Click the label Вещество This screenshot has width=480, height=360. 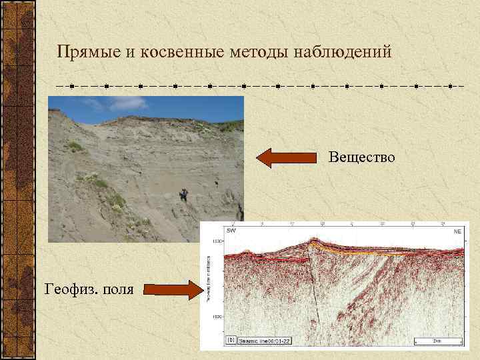(x=362, y=157)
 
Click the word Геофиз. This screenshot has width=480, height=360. (x=73, y=289)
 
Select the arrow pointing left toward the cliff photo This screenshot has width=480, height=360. (x=287, y=158)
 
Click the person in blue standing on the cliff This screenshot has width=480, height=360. (x=183, y=195)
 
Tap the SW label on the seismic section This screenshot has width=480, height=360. (x=231, y=231)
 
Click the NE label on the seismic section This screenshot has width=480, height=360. (x=457, y=231)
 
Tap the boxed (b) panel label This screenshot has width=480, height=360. (x=231, y=340)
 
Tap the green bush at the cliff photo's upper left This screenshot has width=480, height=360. (x=75, y=145)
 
